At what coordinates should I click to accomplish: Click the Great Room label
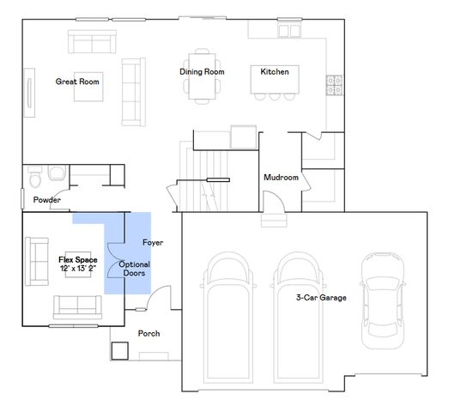click(78, 82)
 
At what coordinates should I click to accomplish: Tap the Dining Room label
click(202, 72)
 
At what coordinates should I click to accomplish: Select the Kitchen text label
click(275, 72)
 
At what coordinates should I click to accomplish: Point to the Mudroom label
click(281, 178)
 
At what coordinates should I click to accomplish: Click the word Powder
click(46, 200)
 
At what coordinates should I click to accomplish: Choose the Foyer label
click(153, 243)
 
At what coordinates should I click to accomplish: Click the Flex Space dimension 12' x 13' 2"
click(78, 269)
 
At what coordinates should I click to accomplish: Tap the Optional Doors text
click(135, 270)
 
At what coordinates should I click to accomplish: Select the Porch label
click(149, 333)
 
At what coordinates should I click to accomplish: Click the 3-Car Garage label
click(321, 297)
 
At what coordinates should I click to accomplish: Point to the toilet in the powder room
click(35, 179)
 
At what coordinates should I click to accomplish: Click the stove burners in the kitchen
click(334, 85)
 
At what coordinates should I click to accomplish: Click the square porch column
click(119, 351)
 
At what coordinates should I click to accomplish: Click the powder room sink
click(57, 173)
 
